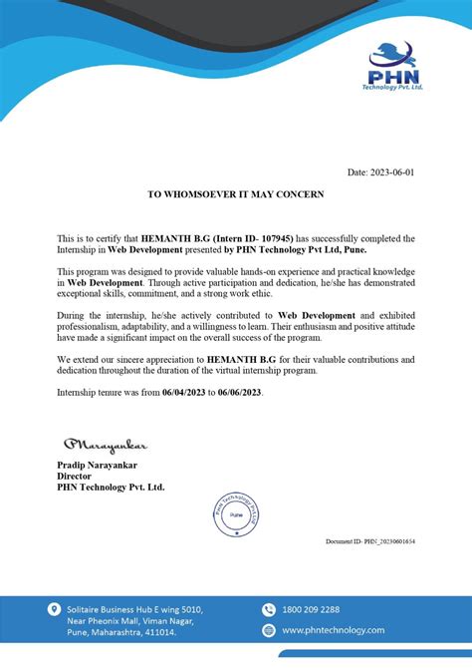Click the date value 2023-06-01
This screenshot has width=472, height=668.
(391, 172)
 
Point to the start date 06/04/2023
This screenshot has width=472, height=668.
(182, 393)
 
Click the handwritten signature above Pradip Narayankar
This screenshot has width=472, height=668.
(105, 443)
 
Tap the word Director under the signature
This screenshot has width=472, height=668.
(76, 476)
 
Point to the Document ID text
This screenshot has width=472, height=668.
(370, 540)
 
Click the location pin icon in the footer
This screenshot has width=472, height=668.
(53, 608)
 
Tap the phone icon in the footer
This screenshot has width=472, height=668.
(268, 609)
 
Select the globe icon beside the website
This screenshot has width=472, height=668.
(268, 630)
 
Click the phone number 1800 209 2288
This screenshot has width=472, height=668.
(311, 609)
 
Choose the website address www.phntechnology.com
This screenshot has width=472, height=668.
(333, 630)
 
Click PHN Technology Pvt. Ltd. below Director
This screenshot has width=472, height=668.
(111, 487)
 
